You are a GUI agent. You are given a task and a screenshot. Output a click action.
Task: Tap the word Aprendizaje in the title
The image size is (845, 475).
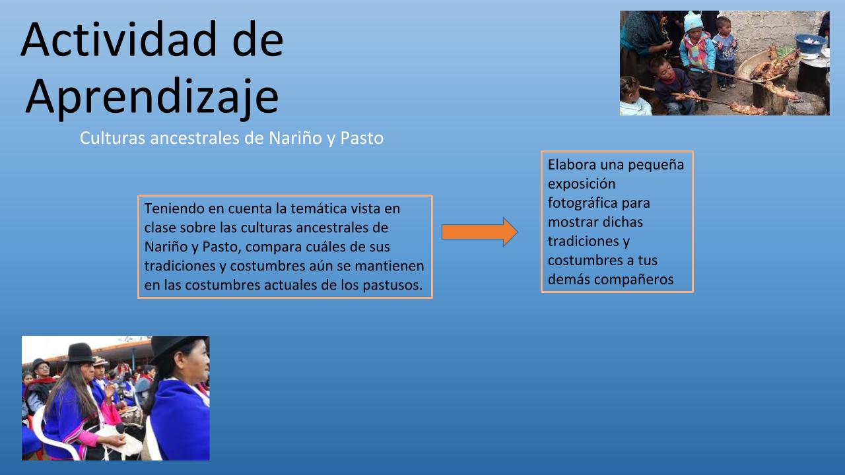[152, 97]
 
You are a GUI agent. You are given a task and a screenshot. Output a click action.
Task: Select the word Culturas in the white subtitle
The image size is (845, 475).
[112, 138]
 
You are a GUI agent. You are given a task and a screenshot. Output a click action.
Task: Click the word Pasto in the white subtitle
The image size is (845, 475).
[362, 138]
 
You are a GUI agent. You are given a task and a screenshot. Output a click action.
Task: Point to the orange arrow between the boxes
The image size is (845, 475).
[479, 232]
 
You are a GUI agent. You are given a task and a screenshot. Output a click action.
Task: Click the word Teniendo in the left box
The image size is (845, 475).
[176, 208]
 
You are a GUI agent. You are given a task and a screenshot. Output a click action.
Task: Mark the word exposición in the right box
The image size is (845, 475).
[582, 184]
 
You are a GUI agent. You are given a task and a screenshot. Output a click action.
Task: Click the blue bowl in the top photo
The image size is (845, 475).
[810, 42]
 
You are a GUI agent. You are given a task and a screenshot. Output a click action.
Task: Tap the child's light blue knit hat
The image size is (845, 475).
[693, 21]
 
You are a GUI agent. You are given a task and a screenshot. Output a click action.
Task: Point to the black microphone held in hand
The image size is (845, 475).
[120, 428]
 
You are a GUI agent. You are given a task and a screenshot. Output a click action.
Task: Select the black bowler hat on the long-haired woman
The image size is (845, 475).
[80, 353]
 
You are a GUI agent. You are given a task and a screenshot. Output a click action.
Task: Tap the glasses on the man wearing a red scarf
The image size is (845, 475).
[44, 366]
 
